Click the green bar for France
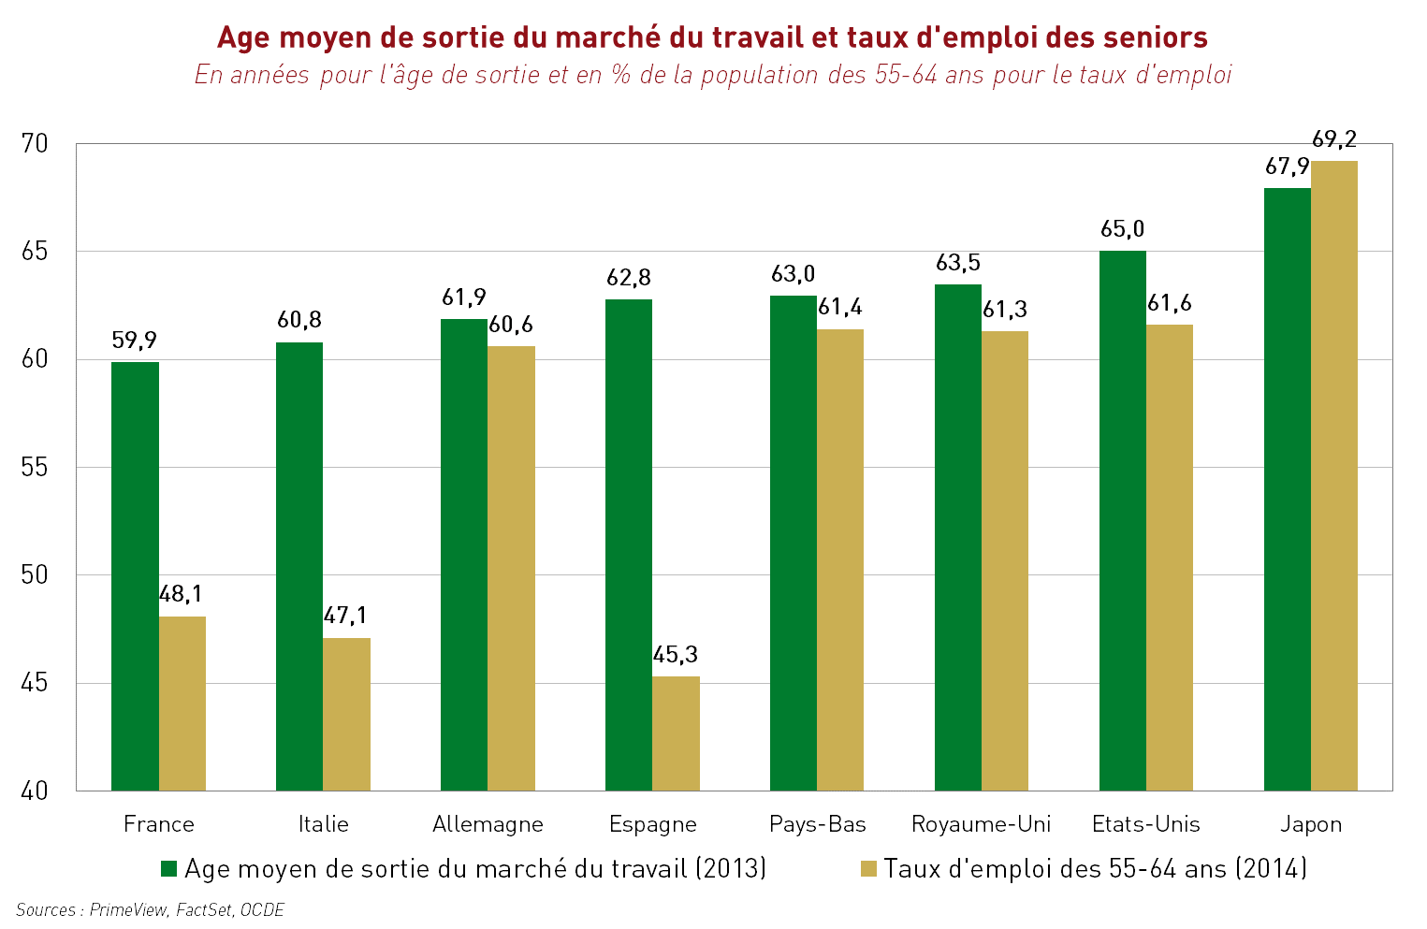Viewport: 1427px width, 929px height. (x=135, y=575)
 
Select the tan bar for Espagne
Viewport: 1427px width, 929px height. (x=676, y=733)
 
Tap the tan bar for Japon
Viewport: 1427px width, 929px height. (x=1333, y=475)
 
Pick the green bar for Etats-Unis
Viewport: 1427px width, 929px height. (x=1122, y=520)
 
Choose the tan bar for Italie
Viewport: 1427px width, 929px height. (x=346, y=714)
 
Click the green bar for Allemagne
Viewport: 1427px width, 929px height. (x=464, y=554)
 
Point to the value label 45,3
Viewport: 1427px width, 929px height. (x=676, y=655)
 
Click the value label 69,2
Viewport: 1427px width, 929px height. (x=1334, y=139)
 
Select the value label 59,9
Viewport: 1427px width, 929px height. (x=135, y=341)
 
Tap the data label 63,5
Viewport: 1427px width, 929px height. (x=958, y=263)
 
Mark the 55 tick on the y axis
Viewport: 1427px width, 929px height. (x=35, y=468)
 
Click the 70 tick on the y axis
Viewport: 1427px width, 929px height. (x=35, y=144)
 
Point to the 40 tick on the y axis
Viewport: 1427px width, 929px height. (x=35, y=791)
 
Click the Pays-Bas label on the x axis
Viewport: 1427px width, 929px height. (x=817, y=824)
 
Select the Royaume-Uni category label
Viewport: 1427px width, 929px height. (x=981, y=824)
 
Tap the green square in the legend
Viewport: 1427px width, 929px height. (x=168, y=869)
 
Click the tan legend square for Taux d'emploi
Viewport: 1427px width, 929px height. (x=868, y=869)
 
